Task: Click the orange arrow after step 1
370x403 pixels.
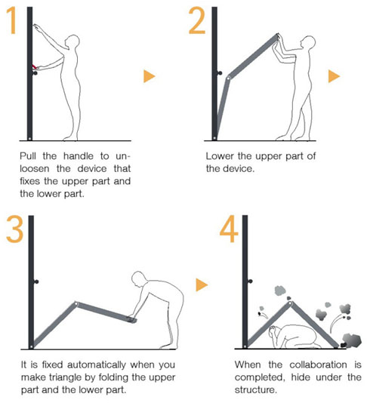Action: (150, 76)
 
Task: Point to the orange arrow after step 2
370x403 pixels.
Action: (334, 76)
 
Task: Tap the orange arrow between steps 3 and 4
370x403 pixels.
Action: (202, 285)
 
